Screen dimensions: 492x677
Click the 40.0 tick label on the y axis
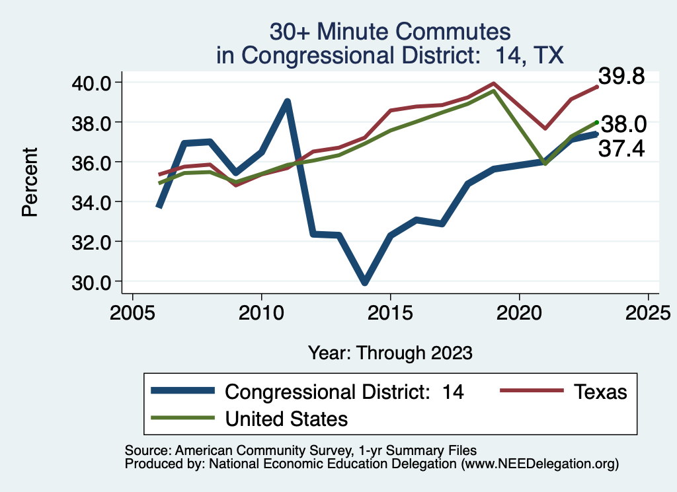click(x=95, y=83)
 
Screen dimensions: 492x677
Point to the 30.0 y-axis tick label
click(x=95, y=281)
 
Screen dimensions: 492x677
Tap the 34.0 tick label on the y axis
click(x=95, y=201)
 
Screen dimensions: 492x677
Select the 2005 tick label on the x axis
click(x=132, y=310)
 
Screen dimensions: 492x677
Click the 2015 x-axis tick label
click(x=390, y=310)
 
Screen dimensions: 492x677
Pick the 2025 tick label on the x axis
click(x=648, y=310)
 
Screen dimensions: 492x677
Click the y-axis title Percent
click(x=29, y=182)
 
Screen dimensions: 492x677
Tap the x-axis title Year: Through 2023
click(x=390, y=353)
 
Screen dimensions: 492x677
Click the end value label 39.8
click(x=621, y=77)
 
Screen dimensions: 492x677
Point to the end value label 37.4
click(x=621, y=149)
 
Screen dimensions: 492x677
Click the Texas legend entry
click(x=599, y=392)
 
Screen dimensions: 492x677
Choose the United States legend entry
click(x=286, y=418)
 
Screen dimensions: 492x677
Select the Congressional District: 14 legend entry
click(x=344, y=392)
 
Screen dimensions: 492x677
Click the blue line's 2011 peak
click(x=287, y=102)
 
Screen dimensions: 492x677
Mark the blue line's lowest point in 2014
click(x=364, y=282)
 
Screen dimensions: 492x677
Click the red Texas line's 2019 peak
click(x=493, y=84)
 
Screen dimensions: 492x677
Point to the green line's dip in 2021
click(x=545, y=163)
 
